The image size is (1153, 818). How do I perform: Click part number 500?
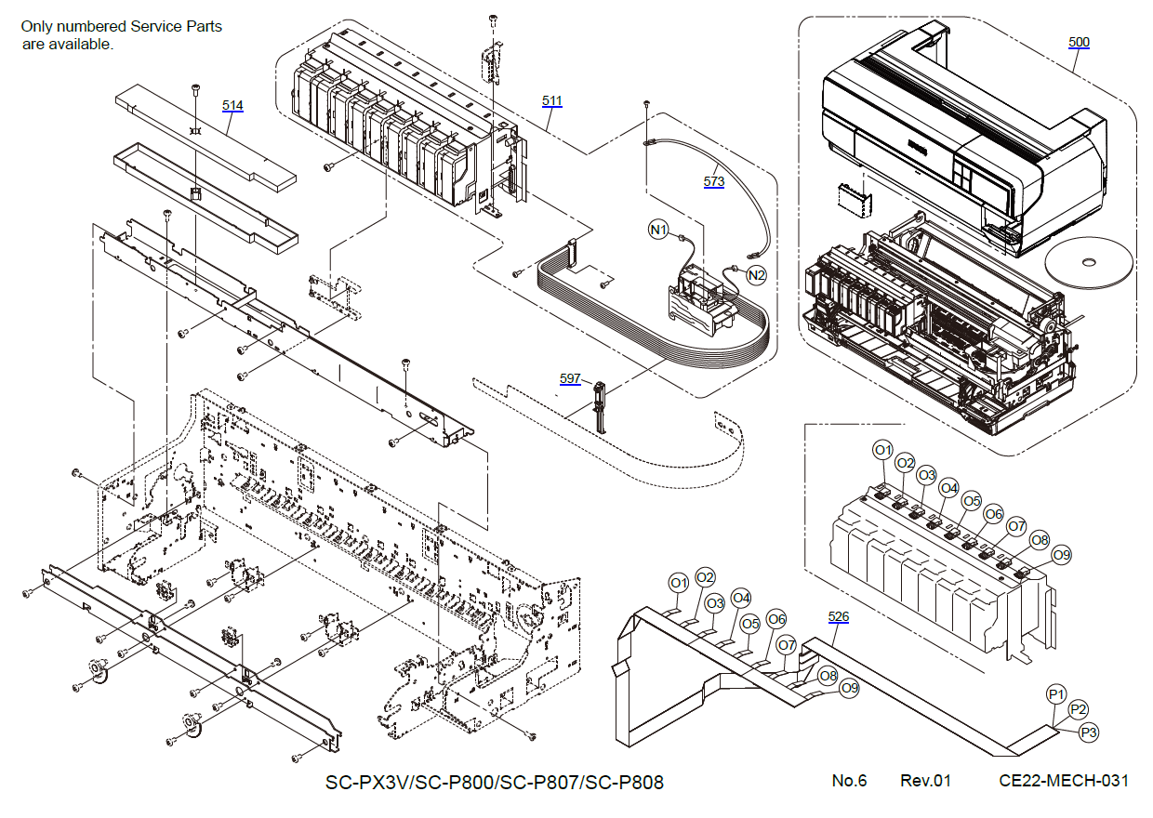[x=1079, y=42]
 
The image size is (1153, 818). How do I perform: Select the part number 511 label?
[x=552, y=99]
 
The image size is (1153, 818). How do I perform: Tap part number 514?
[x=232, y=105]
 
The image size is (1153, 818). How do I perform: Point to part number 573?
[x=713, y=181]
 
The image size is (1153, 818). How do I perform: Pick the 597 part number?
[x=570, y=378]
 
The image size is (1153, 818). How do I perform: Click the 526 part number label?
[x=839, y=616]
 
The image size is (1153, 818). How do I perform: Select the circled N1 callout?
[x=659, y=229]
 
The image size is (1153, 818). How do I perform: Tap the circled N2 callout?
[x=757, y=275]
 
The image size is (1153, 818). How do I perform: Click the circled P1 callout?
[x=1055, y=694]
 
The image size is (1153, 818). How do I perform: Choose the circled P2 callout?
[x=1078, y=709]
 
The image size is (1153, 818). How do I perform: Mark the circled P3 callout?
[x=1090, y=732]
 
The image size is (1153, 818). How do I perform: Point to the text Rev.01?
[x=925, y=781]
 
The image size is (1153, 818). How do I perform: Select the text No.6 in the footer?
[x=849, y=781]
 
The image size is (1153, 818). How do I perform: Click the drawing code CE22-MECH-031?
[x=1064, y=781]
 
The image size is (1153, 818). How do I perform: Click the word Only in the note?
[x=39, y=26]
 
